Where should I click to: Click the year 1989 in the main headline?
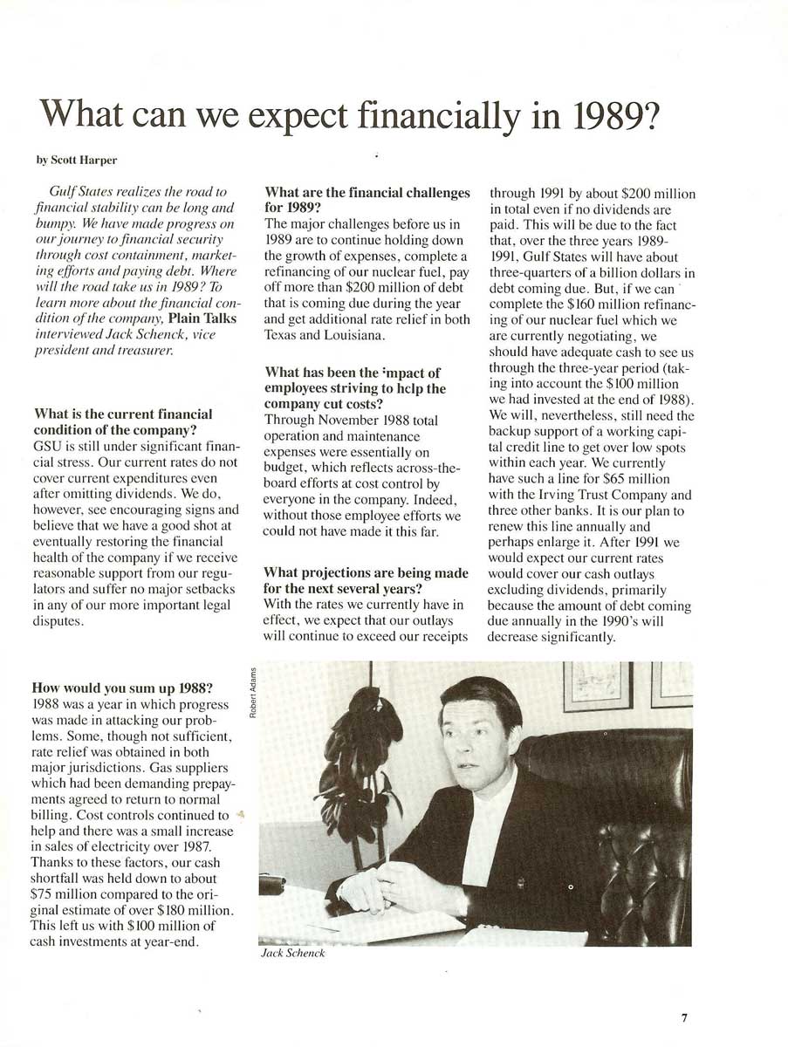click(x=607, y=115)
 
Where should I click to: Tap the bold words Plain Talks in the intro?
click(x=202, y=318)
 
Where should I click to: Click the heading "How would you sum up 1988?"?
click(x=122, y=687)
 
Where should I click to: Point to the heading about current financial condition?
click(x=122, y=421)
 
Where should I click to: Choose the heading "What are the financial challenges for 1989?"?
click(x=367, y=200)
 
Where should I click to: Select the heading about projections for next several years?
click(x=366, y=580)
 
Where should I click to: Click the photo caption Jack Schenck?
click(x=293, y=954)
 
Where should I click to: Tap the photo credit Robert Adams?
click(x=252, y=693)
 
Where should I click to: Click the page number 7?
click(x=685, y=1017)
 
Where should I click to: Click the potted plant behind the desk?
click(x=360, y=768)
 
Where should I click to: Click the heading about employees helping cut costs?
click(x=355, y=388)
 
